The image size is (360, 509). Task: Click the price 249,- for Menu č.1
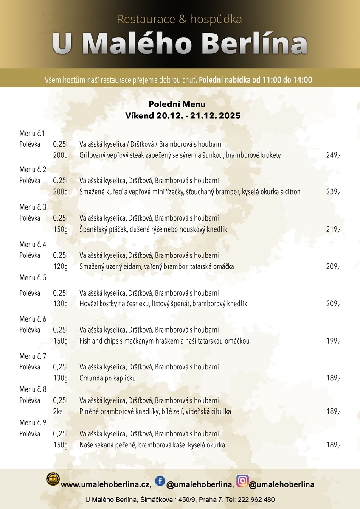click(x=333, y=156)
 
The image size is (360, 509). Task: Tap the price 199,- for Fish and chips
click(x=333, y=341)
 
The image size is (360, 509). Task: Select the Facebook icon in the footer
click(x=160, y=481)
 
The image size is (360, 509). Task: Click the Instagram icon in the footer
click(x=242, y=481)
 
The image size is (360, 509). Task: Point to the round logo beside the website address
click(x=53, y=479)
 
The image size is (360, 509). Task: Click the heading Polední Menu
click(x=177, y=104)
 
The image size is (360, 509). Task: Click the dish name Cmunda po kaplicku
click(x=108, y=378)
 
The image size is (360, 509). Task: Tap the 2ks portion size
click(x=58, y=411)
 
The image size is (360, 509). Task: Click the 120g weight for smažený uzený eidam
click(x=60, y=267)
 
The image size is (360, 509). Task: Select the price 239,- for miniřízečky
click(x=333, y=192)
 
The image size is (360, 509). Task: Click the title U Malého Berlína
click(x=180, y=44)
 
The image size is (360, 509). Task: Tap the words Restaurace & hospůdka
click(x=180, y=20)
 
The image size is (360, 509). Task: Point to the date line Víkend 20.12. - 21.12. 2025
click(x=183, y=115)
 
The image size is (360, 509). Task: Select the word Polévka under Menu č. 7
click(x=30, y=367)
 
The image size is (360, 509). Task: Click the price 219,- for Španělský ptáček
click(x=333, y=229)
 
